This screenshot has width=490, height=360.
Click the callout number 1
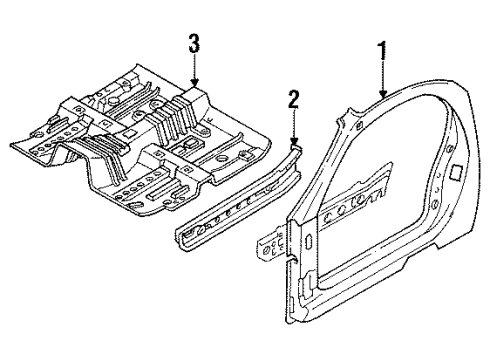[x=383, y=51]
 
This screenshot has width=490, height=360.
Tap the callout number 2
[x=293, y=99]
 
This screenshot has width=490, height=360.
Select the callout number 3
[x=194, y=44]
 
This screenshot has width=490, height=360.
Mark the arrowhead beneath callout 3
[x=195, y=82]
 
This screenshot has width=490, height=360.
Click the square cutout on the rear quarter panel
[x=456, y=172]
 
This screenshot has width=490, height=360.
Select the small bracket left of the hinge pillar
[x=272, y=242]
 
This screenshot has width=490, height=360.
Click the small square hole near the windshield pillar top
[x=360, y=126]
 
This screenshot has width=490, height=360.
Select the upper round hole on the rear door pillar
[x=449, y=148]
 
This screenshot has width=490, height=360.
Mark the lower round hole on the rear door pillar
[x=435, y=204]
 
